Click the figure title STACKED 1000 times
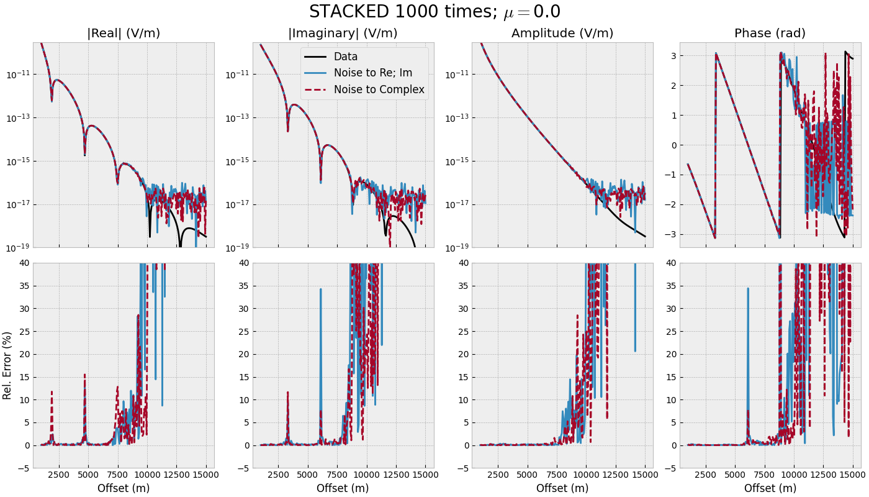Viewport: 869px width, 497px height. (434, 12)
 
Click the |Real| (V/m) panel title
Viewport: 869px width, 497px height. (124, 34)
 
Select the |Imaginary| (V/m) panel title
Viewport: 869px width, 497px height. (343, 34)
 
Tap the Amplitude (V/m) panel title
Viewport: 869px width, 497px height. (562, 34)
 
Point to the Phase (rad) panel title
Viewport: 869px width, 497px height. (770, 34)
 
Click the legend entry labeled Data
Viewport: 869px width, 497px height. (346, 57)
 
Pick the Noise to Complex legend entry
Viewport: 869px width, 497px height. (379, 89)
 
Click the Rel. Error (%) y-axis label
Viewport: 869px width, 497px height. (7, 365)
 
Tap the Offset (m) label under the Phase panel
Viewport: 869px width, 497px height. (770, 488)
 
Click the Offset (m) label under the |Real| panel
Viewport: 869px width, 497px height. (124, 488)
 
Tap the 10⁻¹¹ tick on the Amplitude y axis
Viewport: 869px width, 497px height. (456, 75)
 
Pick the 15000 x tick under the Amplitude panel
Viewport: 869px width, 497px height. (645, 475)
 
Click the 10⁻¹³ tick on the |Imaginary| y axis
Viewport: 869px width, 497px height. (236, 118)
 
